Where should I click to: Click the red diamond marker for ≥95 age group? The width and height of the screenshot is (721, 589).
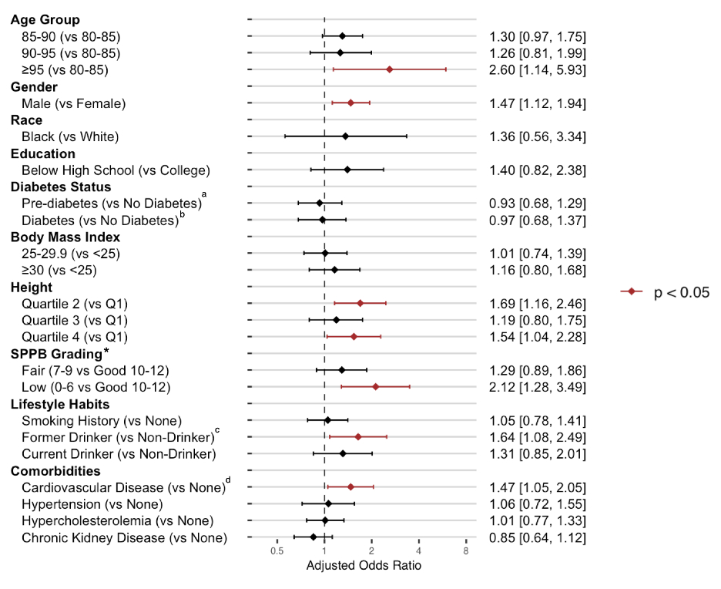390,69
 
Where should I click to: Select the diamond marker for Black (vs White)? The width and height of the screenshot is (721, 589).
345,136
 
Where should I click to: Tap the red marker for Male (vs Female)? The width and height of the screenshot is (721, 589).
350,103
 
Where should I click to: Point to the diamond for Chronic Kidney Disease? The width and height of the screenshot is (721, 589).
314,537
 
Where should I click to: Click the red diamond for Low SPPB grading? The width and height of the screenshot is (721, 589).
376,386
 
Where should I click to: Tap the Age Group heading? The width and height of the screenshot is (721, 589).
45,20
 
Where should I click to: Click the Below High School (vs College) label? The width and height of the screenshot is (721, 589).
116,170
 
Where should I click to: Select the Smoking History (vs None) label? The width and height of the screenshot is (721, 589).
101,420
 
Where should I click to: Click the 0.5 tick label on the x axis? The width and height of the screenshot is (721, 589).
277,551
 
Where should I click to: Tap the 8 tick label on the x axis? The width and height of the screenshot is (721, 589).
466,551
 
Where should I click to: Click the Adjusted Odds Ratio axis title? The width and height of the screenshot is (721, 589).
364,566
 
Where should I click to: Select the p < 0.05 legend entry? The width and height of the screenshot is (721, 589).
666,292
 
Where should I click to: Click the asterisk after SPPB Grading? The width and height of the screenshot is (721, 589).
107,352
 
